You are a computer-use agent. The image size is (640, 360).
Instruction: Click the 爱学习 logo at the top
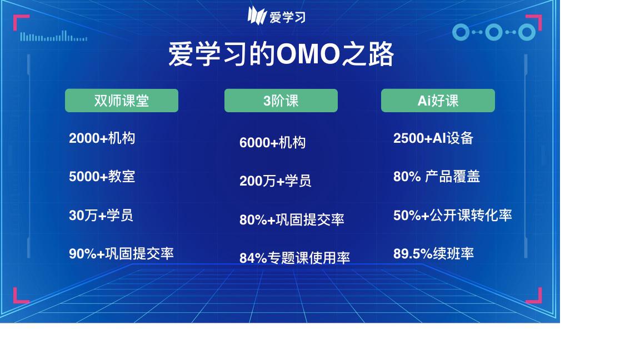(276, 16)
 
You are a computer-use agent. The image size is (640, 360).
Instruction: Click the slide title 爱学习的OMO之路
(281, 54)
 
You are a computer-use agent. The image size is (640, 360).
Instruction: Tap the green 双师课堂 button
(122, 101)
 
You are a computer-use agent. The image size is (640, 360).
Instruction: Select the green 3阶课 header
(281, 101)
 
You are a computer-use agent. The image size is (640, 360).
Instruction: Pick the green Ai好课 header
(438, 101)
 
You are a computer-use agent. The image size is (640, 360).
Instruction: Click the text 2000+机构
(102, 138)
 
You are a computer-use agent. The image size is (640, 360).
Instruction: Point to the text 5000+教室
(102, 177)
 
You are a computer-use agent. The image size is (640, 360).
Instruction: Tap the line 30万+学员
(101, 215)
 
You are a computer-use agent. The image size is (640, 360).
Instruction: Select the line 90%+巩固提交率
(121, 253)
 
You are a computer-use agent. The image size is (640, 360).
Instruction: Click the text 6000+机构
(273, 142)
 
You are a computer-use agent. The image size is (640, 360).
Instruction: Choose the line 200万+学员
(276, 181)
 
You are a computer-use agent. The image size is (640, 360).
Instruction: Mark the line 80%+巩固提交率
(292, 219)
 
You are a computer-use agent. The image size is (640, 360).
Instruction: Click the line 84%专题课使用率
(294, 258)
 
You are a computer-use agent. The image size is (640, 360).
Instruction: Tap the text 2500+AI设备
(433, 138)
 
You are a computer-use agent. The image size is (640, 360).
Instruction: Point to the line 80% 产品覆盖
(437, 177)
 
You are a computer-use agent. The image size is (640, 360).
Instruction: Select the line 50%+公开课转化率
(453, 215)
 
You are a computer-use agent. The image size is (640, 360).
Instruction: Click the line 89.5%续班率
(433, 253)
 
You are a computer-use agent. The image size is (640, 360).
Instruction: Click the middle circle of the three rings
(494, 32)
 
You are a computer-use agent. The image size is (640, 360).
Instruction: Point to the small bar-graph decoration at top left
(53, 36)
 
